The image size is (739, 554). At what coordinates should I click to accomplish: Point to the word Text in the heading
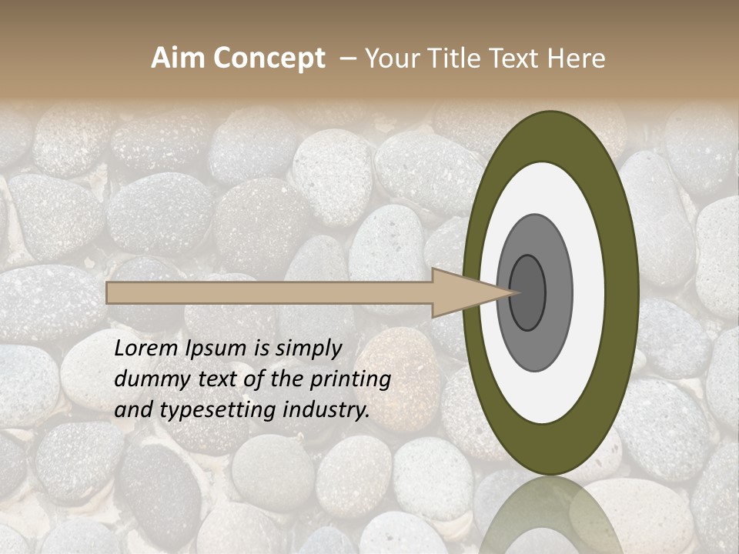click(513, 58)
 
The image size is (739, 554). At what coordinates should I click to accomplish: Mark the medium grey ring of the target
click(559, 292)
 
